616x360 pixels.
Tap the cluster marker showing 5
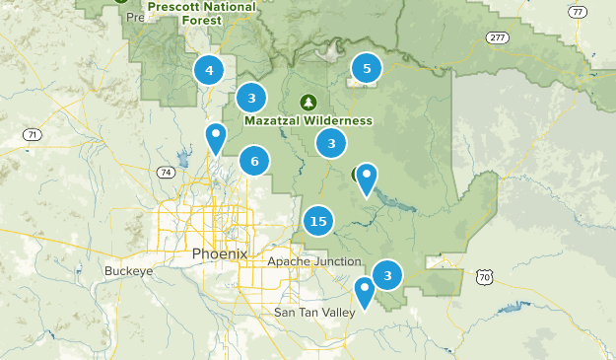pyautogui.click(x=367, y=68)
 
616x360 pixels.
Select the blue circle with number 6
pyautogui.click(x=254, y=161)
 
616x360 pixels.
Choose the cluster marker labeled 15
pyautogui.click(x=317, y=221)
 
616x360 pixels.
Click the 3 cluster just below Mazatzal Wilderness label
pyautogui.click(x=331, y=143)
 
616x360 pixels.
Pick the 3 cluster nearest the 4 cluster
pyautogui.click(x=252, y=97)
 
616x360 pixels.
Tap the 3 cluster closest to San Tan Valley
pyautogui.click(x=388, y=275)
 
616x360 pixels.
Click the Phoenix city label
pyautogui.click(x=220, y=253)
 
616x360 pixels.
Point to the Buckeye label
pyautogui.click(x=127, y=270)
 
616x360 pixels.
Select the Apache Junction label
pyautogui.click(x=308, y=261)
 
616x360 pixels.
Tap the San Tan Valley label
pyautogui.click(x=312, y=313)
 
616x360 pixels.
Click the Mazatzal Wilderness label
pyautogui.click(x=308, y=120)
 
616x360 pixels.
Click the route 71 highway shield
pyautogui.click(x=34, y=134)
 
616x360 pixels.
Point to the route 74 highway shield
pyautogui.click(x=165, y=172)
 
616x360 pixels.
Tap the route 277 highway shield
pyautogui.click(x=497, y=37)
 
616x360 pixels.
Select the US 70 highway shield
pyautogui.click(x=483, y=279)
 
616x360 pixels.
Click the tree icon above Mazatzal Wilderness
pyautogui.click(x=308, y=102)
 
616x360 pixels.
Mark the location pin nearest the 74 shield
pyautogui.click(x=216, y=138)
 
